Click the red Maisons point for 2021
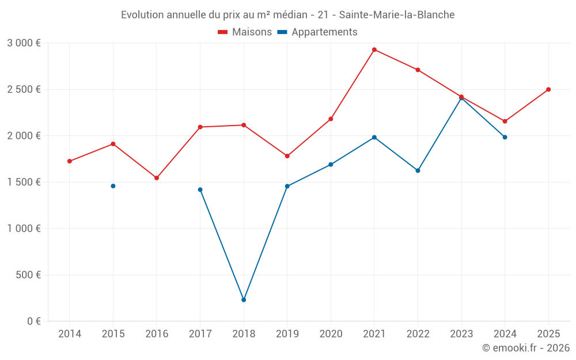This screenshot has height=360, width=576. coord(374,50)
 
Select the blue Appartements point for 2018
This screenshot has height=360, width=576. coord(244,300)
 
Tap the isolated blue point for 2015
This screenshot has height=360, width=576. coord(113,186)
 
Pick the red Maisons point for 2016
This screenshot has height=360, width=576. coord(157,178)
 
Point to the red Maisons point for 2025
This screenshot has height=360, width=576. coord(548,89)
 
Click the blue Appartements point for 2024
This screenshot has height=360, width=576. coord(505,137)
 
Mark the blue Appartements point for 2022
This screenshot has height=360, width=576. coord(418,170)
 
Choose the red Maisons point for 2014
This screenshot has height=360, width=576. coord(70,161)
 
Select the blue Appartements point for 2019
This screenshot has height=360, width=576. coord(287,186)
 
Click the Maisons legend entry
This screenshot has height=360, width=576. coord(245,32)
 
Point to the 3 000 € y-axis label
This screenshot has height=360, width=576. coord(24,43)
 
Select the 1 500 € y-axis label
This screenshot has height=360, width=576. coord(24,182)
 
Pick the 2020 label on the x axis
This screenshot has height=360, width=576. coord(331,334)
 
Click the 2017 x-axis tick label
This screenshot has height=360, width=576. coord(200,334)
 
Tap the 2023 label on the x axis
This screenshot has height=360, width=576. coord(461,334)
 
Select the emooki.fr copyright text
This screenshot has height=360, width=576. coord(525,348)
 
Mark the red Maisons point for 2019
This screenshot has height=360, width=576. coord(287,156)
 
